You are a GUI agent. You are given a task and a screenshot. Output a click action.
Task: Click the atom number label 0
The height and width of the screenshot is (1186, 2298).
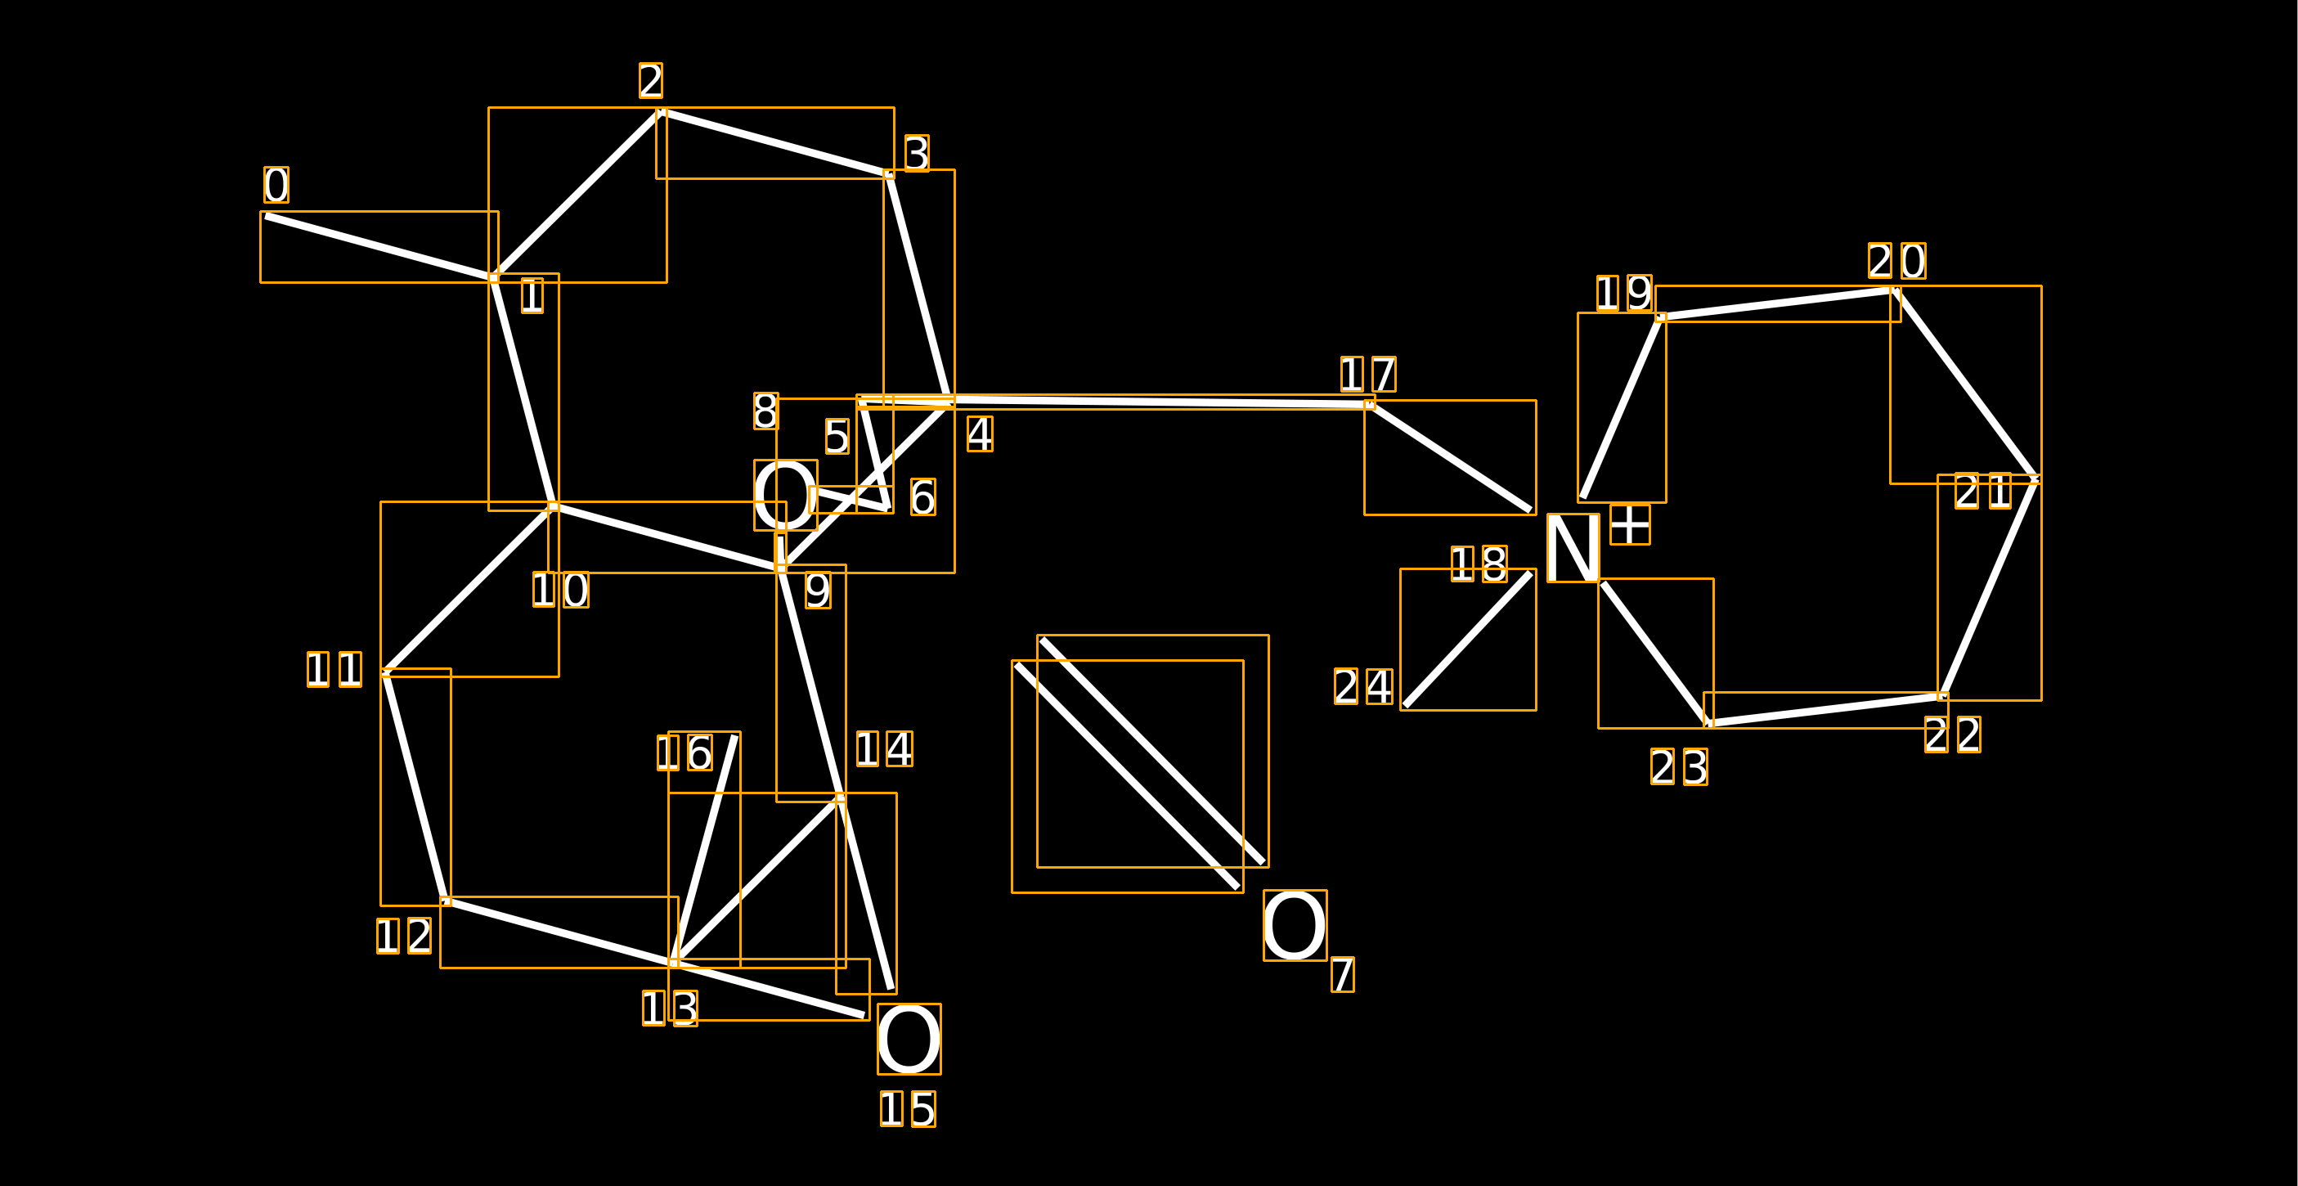(x=276, y=185)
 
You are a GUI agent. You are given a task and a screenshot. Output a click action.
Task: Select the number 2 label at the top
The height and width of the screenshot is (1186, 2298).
(x=650, y=80)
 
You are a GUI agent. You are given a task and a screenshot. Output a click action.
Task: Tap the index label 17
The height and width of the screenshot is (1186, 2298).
(x=1367, y=374)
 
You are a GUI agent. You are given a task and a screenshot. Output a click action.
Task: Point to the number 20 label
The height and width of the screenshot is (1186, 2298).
(x=1896, y=261)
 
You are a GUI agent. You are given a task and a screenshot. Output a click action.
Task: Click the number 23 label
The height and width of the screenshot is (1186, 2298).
(x=1679, y=766)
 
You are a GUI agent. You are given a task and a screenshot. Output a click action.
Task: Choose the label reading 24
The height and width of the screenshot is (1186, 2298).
(x=1363, y=686)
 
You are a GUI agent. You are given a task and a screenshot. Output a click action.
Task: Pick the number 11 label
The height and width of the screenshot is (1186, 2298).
(x=334, y=669)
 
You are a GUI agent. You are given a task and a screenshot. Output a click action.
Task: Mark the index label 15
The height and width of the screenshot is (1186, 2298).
(x=907, y=1108)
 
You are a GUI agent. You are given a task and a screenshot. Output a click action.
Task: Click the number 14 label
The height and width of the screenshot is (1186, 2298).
(x=884, y=748)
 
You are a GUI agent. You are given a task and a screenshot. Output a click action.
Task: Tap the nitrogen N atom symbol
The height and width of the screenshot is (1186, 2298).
(x=1572, y=548)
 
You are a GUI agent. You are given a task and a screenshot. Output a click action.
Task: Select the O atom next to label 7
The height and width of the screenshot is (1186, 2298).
(x=1295, y=925)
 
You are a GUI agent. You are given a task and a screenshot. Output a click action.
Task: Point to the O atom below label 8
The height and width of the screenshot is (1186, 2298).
(x=785, y=496)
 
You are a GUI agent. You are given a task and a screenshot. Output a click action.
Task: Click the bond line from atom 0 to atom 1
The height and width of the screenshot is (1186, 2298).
(x=379, y=247)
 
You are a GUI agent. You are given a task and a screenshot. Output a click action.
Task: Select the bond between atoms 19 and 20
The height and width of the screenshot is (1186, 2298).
(x=1777, y=303)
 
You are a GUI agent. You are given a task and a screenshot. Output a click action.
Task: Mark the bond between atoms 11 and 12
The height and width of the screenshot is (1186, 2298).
(x=415, y=786)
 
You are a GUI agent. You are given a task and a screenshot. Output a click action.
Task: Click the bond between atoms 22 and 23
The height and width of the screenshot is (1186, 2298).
(x=1825, y=710)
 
